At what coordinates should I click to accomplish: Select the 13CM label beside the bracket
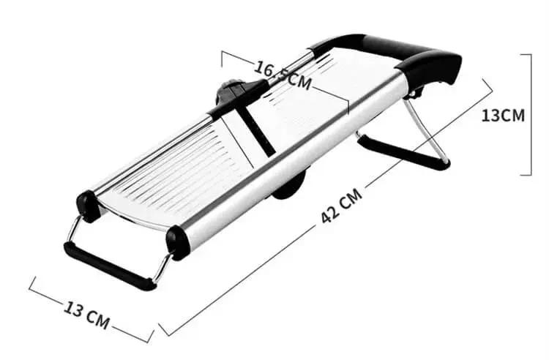click(x=503, y=115)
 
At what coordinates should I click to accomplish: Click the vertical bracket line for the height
click(x=529, y=113)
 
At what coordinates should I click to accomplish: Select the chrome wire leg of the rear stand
click(x=432, y=132)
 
